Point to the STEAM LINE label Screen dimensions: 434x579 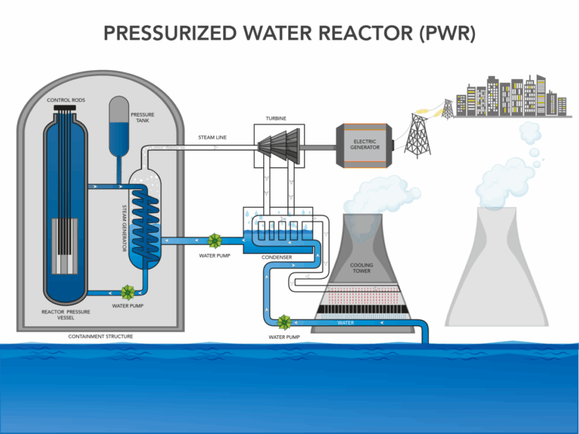[x=212, y=138]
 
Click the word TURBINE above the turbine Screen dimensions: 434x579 [x=275, y=118]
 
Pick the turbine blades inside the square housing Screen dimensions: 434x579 [x=277, y=147]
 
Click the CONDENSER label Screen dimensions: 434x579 [x=276, y=258]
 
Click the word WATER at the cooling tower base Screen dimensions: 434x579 [x=346, y=323]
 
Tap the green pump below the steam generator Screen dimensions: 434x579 [x=127, y=292]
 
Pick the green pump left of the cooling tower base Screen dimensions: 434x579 [x=284, y=322]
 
